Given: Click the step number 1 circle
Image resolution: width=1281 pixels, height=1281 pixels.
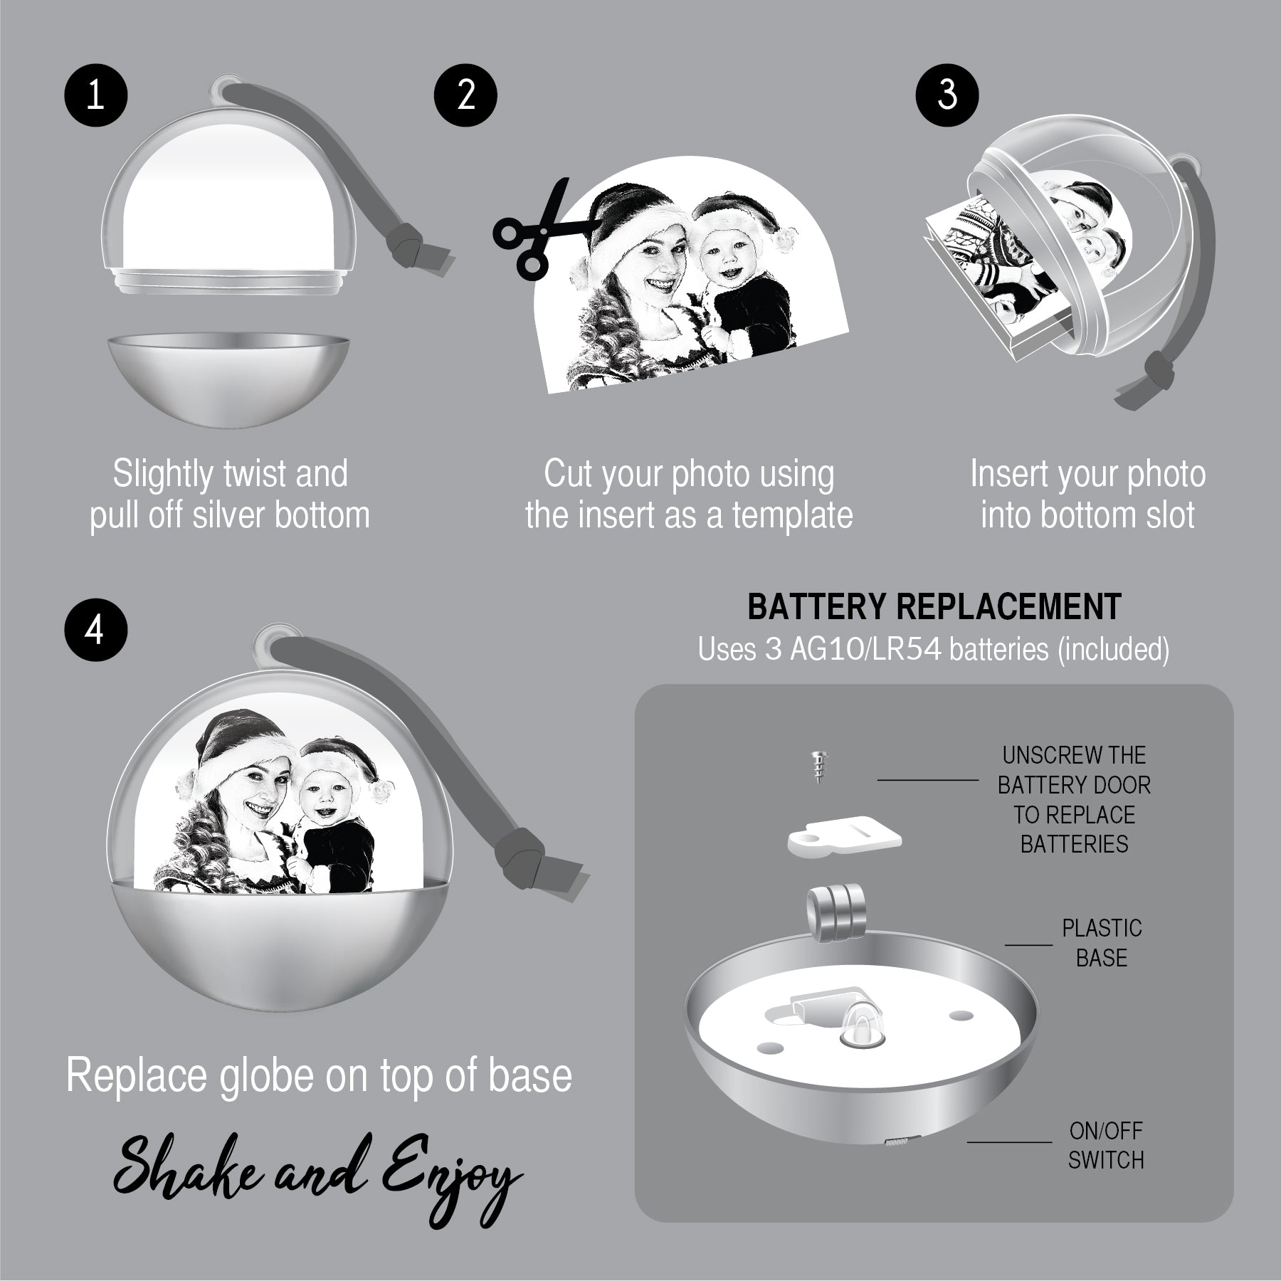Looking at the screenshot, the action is [95, 95].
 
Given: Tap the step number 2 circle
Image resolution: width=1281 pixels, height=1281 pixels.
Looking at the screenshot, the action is [465, 95].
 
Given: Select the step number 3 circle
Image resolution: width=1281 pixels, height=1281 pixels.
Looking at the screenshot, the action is [947, 95].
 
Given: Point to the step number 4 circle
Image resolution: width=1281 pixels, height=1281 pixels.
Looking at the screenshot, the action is [95, 631].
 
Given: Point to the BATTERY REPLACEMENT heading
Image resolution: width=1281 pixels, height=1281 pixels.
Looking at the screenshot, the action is [934, 606].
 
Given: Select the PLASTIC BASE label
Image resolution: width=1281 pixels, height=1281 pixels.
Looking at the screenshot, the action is [1101, 943].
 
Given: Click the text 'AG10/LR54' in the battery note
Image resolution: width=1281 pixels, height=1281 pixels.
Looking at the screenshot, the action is [866, 649].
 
